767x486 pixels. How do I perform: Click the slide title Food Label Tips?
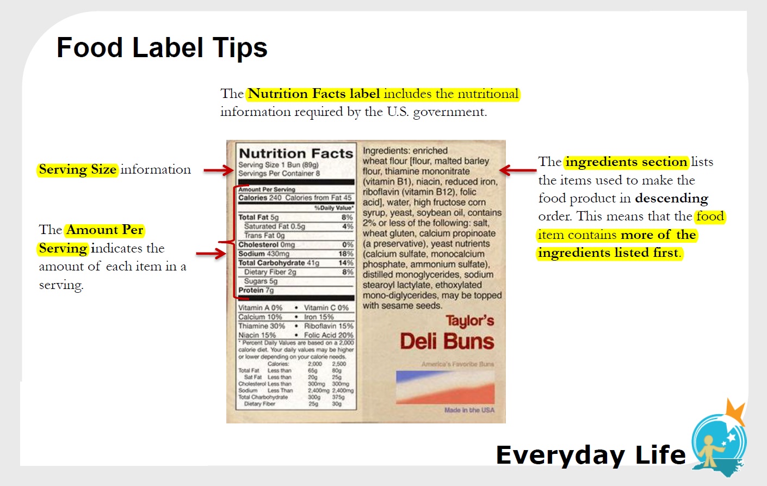[x=162, y=48]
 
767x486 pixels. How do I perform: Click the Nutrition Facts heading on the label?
[x=296, y=153]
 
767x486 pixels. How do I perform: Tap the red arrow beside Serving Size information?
[x=218, y=170]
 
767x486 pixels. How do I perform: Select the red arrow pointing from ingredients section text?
[x=517, y=170]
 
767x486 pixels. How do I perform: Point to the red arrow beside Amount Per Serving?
[x=211, y=253]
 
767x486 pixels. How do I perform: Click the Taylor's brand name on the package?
[x=469, y=321]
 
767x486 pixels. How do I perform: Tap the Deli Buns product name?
[x=447, y=342]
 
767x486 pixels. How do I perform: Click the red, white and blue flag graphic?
[x=445, y=386]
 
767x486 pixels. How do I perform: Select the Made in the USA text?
[x=469, y=410]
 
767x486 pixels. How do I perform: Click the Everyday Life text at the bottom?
[x=591, y=455]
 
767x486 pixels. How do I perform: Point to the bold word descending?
[x=671, y=198]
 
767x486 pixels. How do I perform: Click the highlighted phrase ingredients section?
[x=626, y=162]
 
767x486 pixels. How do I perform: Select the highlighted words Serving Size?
[x=78, y=170]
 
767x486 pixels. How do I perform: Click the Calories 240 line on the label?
[x=295, y=198]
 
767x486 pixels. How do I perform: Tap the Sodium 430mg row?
[x=295, y=254]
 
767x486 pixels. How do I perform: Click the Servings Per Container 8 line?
[x=279, y=174]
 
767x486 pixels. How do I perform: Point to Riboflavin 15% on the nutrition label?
[x=329, y=326]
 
